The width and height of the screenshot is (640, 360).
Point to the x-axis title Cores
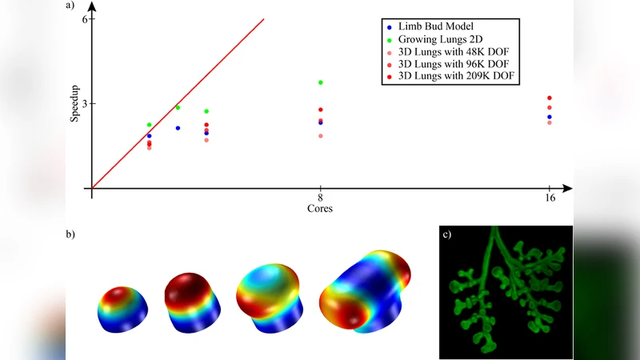tap(320, 209)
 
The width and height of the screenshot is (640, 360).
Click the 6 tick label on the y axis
tap(84, 19)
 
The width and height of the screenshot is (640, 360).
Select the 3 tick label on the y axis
tap(84, 104)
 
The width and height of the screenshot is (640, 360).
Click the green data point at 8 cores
tap(320, 82)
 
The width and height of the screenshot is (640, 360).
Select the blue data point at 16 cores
tap(550, 117)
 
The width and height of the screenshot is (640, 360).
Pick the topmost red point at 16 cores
tap(550, 98)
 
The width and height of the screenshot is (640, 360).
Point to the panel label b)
tap(70, 234)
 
